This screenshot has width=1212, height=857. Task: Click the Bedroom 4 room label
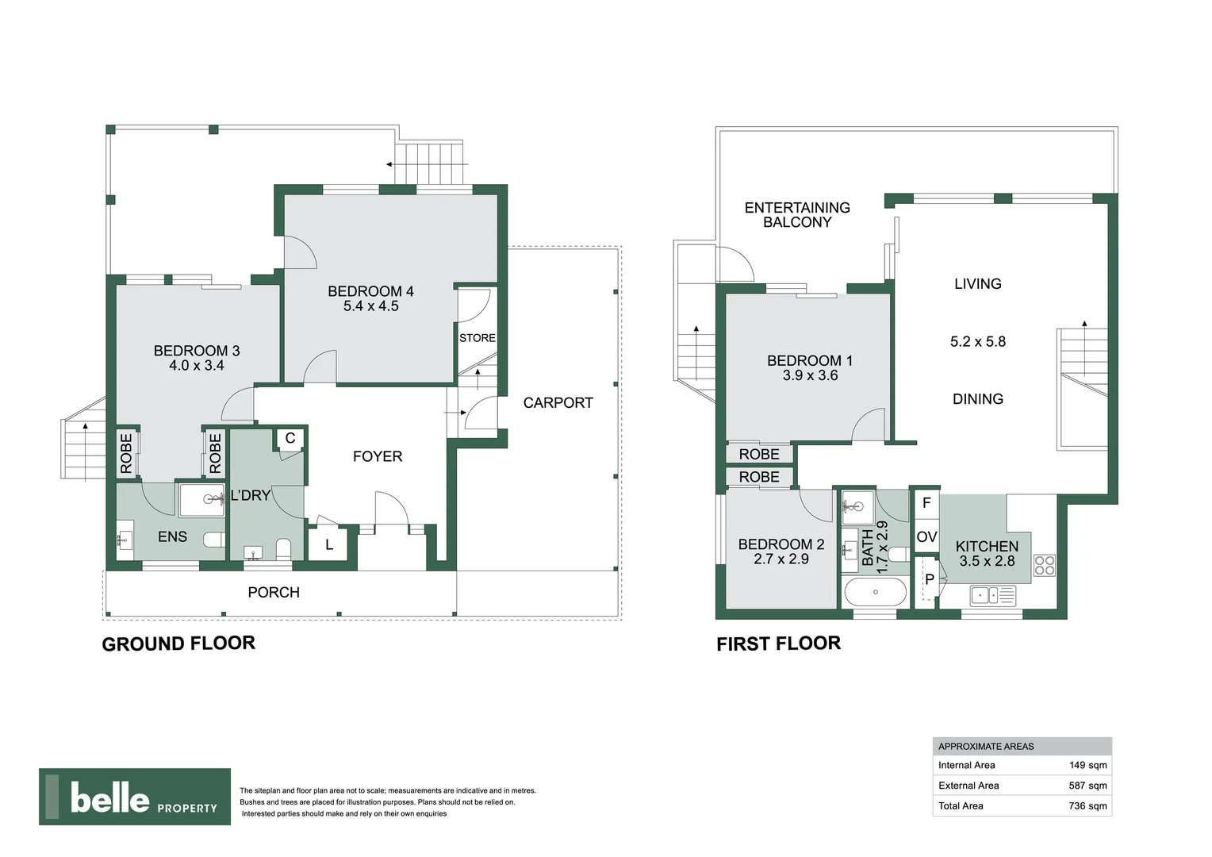[370, 291]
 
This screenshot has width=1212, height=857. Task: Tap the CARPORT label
[558, 403]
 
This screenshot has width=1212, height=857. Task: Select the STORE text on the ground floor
[477, 338]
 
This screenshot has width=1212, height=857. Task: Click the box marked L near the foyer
[329, 545]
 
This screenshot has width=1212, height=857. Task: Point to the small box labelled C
[290, 438]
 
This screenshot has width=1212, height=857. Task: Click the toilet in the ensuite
[213, 540]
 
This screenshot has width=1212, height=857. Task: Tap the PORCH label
[274, 592]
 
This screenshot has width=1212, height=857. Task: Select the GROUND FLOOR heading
[178, 644]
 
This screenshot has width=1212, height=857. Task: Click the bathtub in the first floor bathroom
[876, 592]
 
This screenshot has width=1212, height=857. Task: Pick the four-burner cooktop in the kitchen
[1045, 565]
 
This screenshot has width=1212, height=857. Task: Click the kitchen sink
[992, 594]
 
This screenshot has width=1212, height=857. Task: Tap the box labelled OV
[926, 537]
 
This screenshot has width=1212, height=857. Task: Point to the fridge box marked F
[926, 503]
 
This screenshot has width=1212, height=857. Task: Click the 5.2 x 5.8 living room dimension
[977, 342]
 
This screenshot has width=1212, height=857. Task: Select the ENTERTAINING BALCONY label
[796, 215]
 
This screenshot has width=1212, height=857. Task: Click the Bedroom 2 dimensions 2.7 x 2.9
[781, 559]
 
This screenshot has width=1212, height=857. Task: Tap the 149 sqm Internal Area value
[1087, 766]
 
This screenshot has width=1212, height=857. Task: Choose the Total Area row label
[961, 806]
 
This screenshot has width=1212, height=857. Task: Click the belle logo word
[109, 797]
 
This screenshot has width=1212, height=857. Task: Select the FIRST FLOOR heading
[778, 644]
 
